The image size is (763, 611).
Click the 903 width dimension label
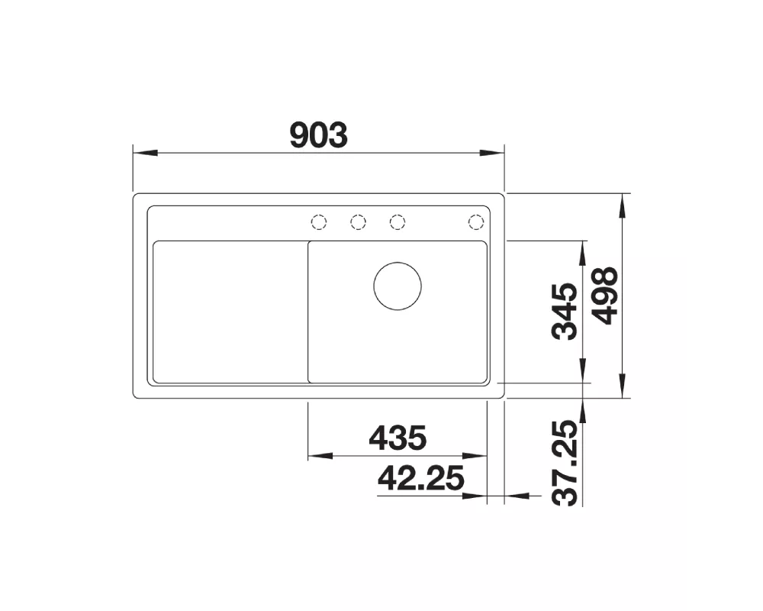tap(319, 135)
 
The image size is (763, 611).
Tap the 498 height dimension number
tap(607, 296)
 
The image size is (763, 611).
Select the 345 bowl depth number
tap(565, 312)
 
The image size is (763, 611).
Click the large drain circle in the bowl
tap(398, 286)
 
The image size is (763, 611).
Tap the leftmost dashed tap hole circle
tap(319, 222)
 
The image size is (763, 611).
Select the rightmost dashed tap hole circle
tap(476, 222)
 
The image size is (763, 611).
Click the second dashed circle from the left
tap(358, 222)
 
